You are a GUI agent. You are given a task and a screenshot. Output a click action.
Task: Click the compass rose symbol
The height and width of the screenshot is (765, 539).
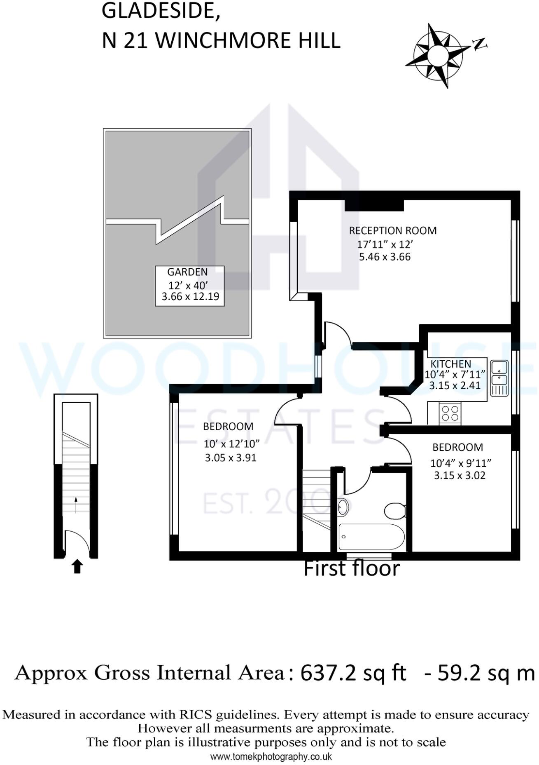(437, 55)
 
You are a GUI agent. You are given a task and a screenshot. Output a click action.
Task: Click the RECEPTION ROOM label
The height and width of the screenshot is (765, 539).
(392, 230)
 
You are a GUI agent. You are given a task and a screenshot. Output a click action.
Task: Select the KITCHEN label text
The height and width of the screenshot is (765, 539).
(450, 364)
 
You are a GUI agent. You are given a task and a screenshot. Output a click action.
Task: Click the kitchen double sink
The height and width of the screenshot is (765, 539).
(499, 378)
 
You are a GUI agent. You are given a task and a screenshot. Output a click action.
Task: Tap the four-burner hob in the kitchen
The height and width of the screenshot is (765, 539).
(450, 413)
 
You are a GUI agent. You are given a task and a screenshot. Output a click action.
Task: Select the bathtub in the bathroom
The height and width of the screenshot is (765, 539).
(371, 537)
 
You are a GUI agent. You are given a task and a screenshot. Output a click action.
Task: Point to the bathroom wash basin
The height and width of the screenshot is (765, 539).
(343, 507)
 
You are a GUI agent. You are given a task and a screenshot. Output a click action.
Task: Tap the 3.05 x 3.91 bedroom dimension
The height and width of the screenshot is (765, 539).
(231, 458)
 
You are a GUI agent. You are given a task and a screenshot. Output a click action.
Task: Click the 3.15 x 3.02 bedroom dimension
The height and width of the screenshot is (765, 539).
(460, 475)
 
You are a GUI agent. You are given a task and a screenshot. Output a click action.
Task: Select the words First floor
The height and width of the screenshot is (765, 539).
(351, 568)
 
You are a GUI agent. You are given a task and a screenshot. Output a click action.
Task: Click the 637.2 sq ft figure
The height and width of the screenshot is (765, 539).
(353, 673)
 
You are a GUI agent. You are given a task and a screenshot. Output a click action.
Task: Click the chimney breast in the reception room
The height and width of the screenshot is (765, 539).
(374, 204)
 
